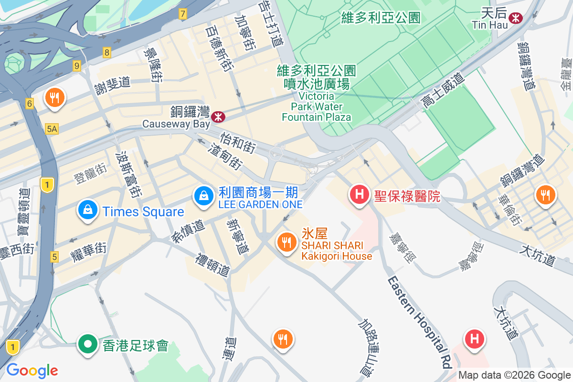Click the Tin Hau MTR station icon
click(516, 18)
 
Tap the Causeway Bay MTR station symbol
click(219, 116)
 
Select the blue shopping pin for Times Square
click(88, 211)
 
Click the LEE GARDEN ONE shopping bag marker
click(204, 196)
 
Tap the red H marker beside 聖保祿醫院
click(360, 195)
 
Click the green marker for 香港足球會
click(88, 344)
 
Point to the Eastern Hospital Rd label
click(419, 322)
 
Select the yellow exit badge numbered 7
click(182, 14)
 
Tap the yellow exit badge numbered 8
click(107, 53)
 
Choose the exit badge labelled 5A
click(52, 128)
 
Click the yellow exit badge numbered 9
click(77, 66)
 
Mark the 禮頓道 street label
click(213, 265)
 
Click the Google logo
click(32, 370)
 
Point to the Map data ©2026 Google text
click(514, 375)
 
